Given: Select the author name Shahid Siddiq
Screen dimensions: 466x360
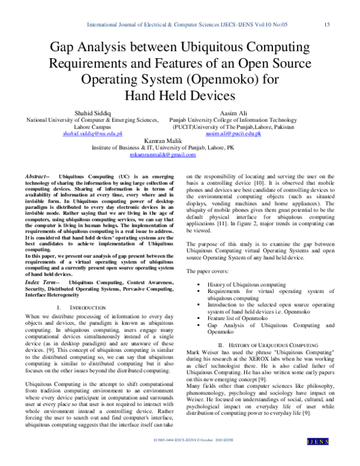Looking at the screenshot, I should [x=92, y=112].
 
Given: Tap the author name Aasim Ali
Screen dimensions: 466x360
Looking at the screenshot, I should [x=234, y=112].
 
